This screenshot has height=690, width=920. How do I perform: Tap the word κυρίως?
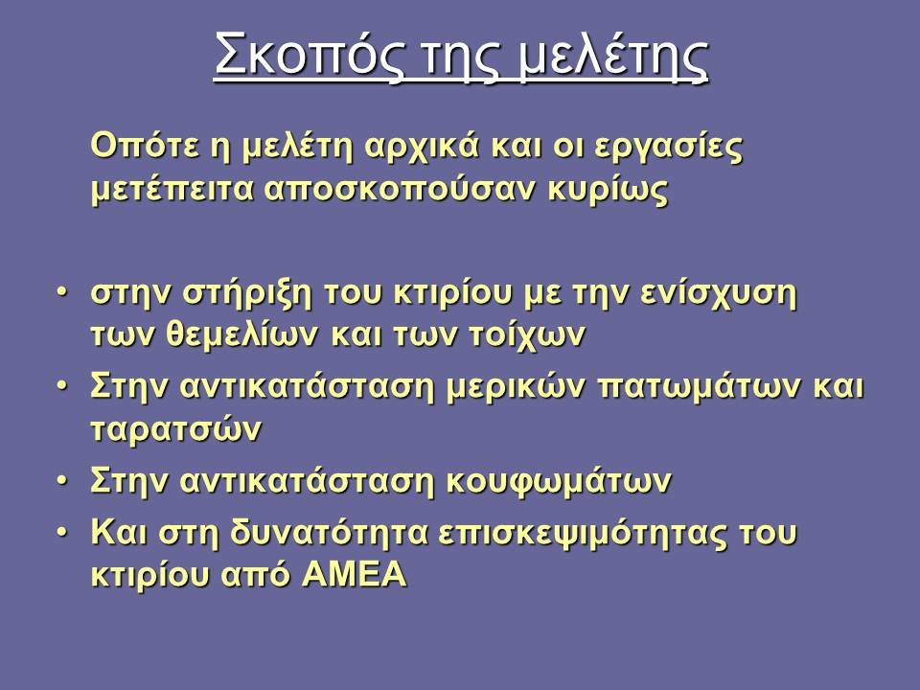click(x=608, y=191)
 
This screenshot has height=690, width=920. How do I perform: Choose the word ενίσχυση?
click(x=718, y=294)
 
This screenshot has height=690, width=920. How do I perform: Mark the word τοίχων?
click(x=527, y=336)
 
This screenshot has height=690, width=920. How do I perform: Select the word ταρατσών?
click(x=176, y=429)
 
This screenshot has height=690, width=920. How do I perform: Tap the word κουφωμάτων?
click(x=559, y=482)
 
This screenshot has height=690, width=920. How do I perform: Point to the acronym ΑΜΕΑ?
click(x=354, y=574)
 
